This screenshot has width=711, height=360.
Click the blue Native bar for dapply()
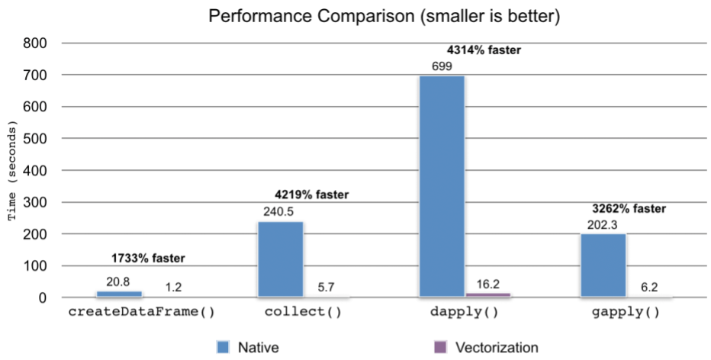coord(442,186)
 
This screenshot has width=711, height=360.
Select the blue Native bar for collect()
coord(280,259)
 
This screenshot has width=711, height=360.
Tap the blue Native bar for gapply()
coord(603,265)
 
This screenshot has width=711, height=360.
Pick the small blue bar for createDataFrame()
coord(118,294)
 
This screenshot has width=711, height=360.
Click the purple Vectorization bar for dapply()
coord(488,294)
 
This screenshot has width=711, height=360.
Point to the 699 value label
coord(442,66)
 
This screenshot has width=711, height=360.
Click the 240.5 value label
coord(280,212)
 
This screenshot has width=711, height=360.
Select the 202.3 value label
coord(603,224)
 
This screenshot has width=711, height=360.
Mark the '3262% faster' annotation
coord(629,208)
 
